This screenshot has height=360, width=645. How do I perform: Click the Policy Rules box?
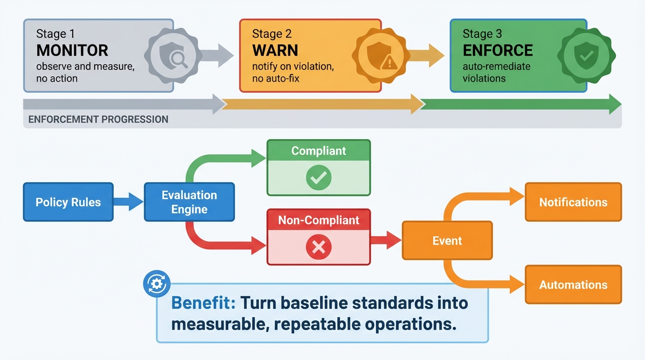coord(68,202)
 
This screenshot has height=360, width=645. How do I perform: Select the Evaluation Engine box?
coord(189,202)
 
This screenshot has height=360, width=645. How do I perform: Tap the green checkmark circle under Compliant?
coord(318,178)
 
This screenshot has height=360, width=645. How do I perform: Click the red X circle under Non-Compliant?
coord(318,247)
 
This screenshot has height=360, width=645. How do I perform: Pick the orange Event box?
coord(447,240)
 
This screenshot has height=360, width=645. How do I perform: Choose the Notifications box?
coord(573,202)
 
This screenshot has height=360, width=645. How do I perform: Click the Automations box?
coord(573,285)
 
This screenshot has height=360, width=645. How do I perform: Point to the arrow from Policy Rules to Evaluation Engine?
coord(128,202)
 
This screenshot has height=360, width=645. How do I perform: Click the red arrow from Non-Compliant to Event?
coord(385,240)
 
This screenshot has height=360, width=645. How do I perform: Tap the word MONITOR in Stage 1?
coord(72,50)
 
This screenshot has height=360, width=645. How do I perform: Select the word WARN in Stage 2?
coord(275,50)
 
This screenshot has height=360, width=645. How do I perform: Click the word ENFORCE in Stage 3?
coord(497,50)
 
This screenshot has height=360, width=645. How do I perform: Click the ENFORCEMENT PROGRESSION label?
coord(98,120)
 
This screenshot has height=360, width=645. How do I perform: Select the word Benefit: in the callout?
coord(203,303)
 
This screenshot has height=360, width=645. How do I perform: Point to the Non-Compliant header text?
coord(318,220)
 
